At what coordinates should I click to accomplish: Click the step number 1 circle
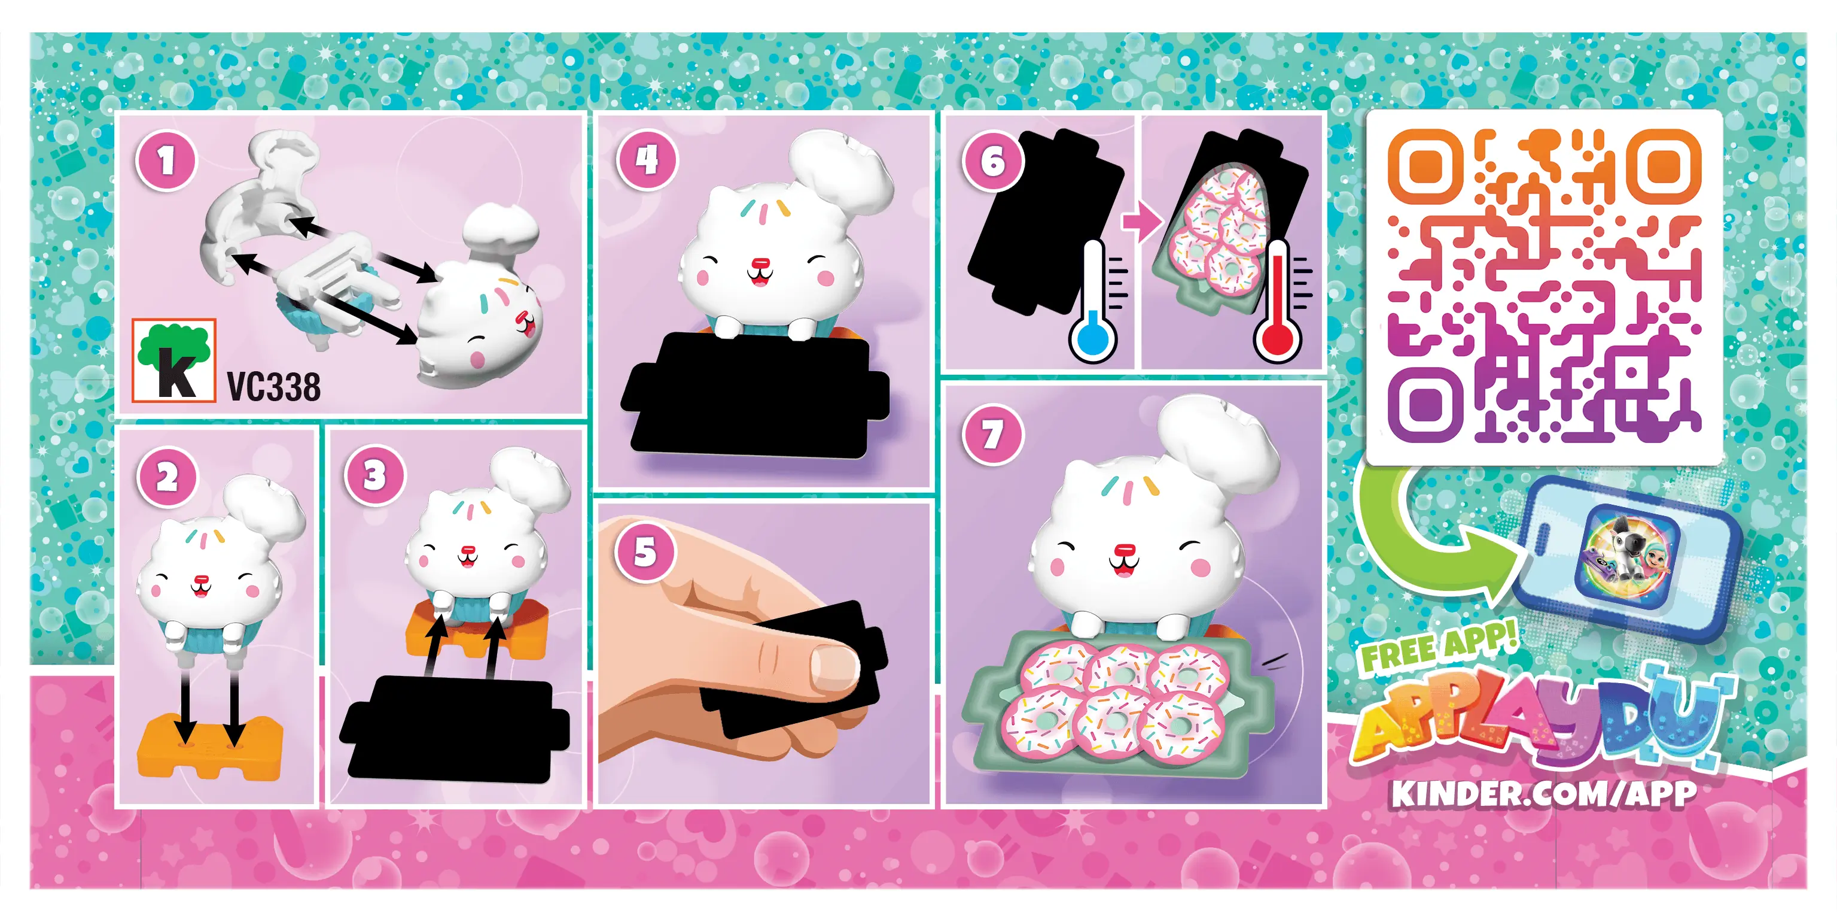click(166, 161)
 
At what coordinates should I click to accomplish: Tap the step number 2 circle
click(167, 477)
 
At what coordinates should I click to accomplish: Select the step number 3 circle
click(374, 475)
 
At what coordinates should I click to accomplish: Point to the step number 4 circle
click(647, 160)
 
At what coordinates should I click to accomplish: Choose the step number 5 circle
click(645, 551)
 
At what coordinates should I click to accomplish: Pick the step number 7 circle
click(992, 435)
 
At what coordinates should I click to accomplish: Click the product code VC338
click(274, 387)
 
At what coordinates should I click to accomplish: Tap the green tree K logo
click(174, 360)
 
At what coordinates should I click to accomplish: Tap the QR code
click(1544, 286)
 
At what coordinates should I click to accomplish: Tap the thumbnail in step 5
click(834, 666)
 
